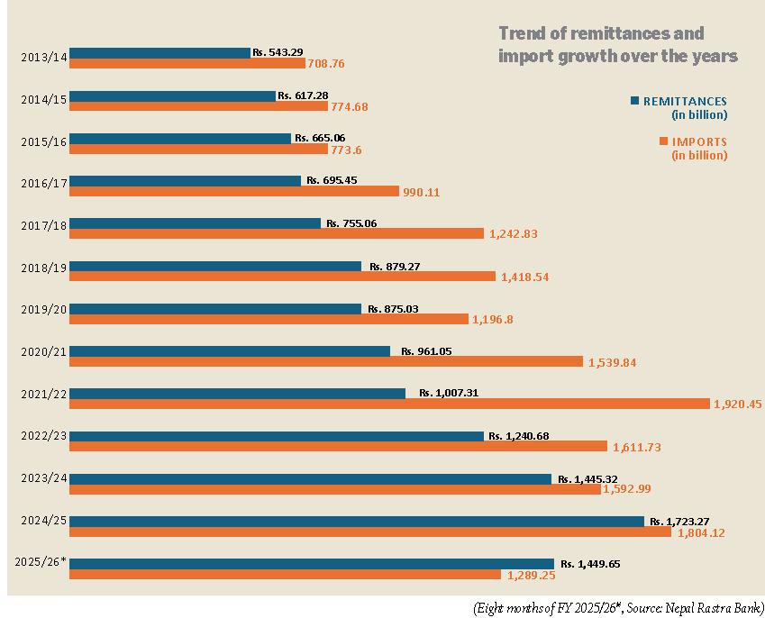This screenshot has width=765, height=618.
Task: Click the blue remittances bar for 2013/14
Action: [x=159, y=53]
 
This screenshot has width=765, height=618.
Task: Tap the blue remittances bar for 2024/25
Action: [x=357, y=522]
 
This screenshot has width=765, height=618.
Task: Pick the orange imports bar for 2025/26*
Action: [x=285, y=574]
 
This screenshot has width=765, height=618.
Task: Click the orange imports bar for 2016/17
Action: [x=233, y=191]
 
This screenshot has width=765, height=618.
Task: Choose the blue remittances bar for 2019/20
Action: [x=215, y=308]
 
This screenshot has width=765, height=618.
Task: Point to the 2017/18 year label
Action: [x=43, y=226]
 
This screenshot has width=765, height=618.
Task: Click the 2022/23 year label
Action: [x=43, y=437]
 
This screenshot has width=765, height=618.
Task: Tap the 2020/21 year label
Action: [x=43, y=352]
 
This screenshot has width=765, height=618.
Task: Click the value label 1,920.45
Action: [x=737, y=404]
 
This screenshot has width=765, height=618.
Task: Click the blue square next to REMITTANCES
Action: [x=634, y=100]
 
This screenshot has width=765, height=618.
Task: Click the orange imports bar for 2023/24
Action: [x=335, y=489]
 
